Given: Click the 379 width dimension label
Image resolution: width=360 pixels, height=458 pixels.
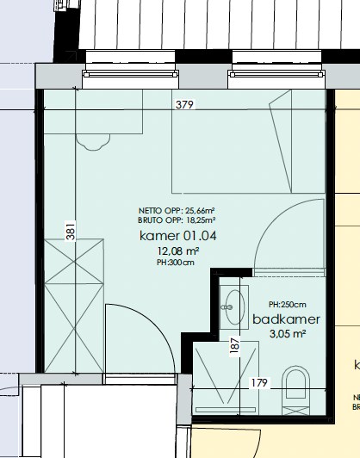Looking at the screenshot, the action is (184, 104).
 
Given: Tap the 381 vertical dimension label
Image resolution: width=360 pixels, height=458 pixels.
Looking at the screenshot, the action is (71, 231).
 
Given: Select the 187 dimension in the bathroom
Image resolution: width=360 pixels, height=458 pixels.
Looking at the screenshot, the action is (234, 345).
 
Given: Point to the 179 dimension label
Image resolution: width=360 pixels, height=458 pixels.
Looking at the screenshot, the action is (259, 382).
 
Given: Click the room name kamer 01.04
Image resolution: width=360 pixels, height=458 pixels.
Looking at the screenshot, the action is (178, 236).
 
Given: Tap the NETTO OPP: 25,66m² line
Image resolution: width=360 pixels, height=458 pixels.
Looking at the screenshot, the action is (177, 211).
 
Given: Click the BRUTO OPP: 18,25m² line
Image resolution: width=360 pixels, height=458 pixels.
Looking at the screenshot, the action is (177, 220).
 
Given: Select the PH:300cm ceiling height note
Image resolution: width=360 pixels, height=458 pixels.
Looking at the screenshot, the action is (176, 263).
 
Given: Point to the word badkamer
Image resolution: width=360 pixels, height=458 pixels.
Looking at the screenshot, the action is (286, 319).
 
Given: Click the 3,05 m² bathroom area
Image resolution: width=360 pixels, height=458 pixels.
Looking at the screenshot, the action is (288, 333).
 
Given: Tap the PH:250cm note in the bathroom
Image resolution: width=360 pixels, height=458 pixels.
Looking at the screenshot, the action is (288, 305).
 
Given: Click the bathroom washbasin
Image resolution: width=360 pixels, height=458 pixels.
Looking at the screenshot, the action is (234, 307).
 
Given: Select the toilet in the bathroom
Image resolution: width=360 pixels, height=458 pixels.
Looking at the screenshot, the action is (295, 390).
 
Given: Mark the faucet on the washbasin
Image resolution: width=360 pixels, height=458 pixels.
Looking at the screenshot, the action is (227, 307).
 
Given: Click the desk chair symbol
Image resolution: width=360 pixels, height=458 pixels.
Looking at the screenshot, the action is (93, 142).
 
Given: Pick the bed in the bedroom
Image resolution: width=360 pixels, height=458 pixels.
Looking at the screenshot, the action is (248, 141).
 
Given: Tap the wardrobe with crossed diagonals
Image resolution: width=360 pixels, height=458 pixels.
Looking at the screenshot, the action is (74, 306).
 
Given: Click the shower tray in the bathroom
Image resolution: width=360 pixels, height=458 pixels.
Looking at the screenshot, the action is (226, 377).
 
